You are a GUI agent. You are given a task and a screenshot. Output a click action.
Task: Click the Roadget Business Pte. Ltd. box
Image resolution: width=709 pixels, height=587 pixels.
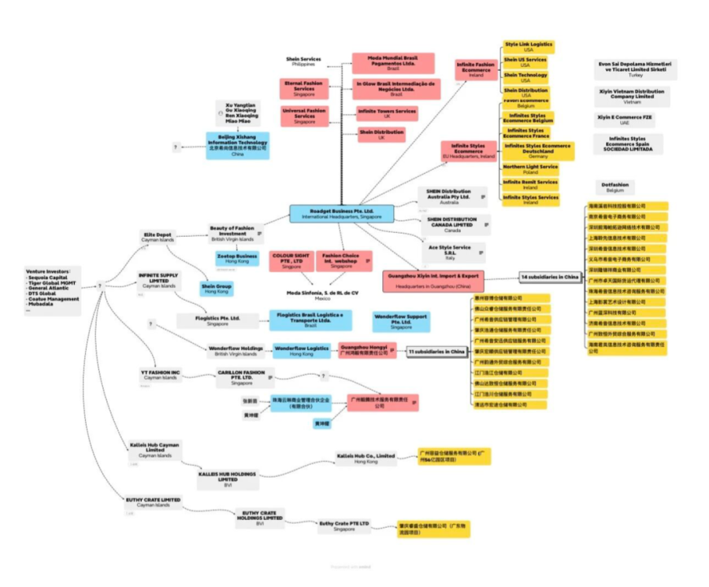point(341,213)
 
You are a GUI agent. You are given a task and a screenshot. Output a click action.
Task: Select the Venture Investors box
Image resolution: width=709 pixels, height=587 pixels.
point(52,288)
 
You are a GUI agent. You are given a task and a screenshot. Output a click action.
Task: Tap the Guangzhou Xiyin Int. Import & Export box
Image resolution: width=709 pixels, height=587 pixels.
point(433,281)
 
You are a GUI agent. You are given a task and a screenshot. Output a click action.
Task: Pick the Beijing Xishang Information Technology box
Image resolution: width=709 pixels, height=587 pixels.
point(238,145)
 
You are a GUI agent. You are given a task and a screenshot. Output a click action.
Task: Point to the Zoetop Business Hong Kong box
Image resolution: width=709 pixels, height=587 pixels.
point(237,258)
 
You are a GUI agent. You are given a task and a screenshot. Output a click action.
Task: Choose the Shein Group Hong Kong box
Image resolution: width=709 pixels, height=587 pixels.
point(216,288)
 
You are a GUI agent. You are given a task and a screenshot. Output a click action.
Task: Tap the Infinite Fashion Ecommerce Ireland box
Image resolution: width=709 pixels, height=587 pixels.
point(476,69)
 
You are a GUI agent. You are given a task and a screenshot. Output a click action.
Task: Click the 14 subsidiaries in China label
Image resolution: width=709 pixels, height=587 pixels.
point(550,277)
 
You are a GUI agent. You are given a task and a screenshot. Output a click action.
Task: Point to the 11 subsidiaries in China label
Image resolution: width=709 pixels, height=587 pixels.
point(436,352)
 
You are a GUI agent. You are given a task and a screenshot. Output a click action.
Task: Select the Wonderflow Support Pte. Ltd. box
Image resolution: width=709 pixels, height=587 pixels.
point(402,320)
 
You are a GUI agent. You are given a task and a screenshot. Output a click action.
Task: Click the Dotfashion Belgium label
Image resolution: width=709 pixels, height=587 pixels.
point(614,187)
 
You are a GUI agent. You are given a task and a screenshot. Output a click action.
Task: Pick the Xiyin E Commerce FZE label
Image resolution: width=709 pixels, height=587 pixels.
point(625,120)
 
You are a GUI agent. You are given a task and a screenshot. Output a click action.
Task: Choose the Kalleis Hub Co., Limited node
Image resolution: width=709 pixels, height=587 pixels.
point(366,459)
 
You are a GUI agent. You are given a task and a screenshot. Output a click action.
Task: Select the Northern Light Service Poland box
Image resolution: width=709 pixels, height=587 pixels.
point(530,169)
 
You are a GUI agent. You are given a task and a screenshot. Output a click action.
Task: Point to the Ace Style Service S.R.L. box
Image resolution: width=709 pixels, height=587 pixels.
point(450,251)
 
